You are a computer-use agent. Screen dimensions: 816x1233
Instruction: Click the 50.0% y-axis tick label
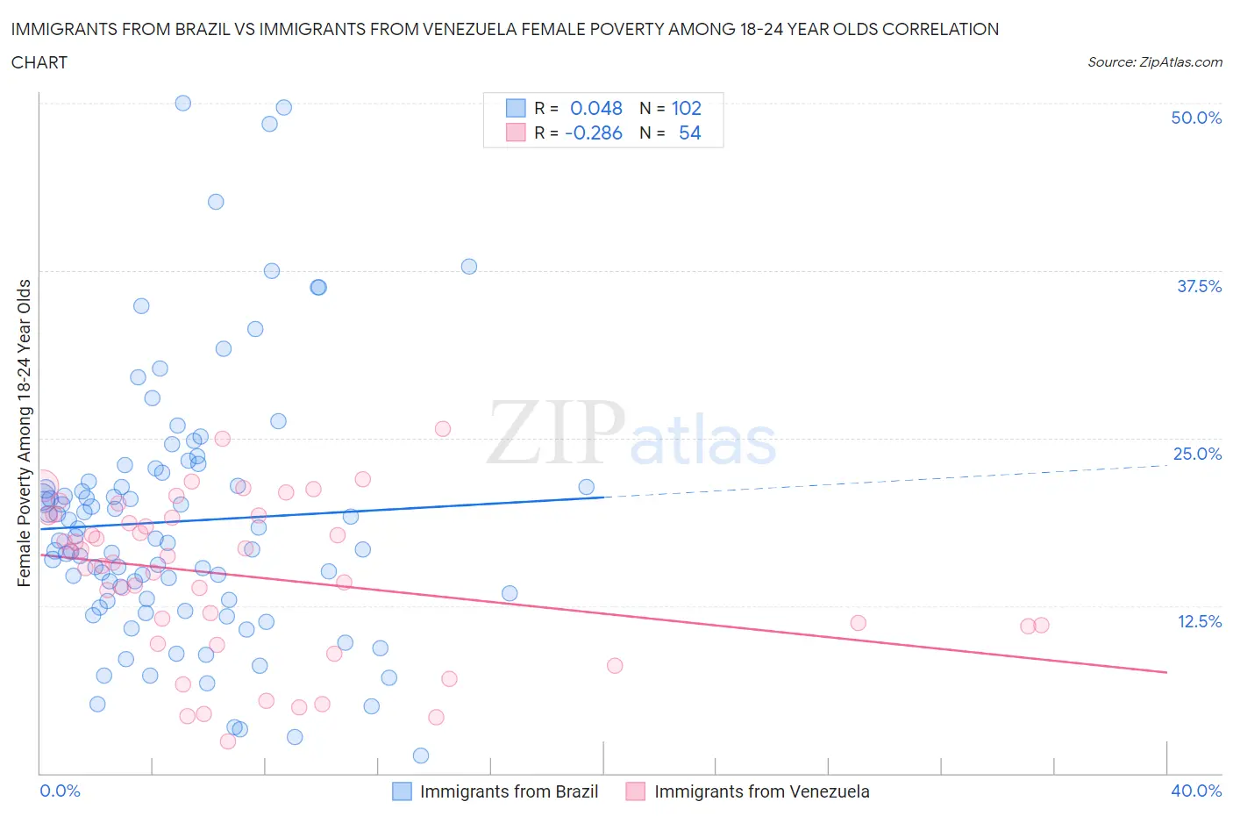coord(1196,118)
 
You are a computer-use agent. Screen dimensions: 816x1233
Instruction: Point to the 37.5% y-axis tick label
coord(1199,286)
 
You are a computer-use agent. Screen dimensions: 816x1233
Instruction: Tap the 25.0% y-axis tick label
coord(1197,454)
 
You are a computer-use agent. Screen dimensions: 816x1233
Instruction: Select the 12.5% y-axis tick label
coord(1199,621)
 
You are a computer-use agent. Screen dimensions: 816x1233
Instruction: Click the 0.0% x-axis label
coord(60,791)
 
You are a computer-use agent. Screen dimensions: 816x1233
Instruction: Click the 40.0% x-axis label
coord(1196,791)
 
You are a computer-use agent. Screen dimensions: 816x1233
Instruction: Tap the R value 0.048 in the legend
coord(595,108)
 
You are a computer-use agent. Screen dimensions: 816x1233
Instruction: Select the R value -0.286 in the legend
coord(594,132)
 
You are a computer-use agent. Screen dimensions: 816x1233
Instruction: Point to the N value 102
coord(686,108)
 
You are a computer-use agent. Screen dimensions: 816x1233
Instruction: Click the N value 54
coord(689,132)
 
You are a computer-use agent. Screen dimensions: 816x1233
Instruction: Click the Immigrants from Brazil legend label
coord(509,791)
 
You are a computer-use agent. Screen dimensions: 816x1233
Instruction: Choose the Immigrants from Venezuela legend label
coord(761,791)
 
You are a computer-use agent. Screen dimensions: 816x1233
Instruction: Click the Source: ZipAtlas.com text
coord(1154,61)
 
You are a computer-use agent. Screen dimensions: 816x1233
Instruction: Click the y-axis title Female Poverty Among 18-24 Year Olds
coord(24,433)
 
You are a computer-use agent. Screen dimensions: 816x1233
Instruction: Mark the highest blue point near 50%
coord(183,103)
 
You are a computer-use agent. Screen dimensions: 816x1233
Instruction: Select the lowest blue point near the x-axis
coord(421,755)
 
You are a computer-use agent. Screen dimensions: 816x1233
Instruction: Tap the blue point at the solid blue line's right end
coord(587,487)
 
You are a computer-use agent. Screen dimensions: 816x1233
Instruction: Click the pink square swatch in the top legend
coord(516,132)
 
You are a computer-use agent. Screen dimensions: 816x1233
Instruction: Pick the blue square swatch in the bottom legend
coord(402,791)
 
